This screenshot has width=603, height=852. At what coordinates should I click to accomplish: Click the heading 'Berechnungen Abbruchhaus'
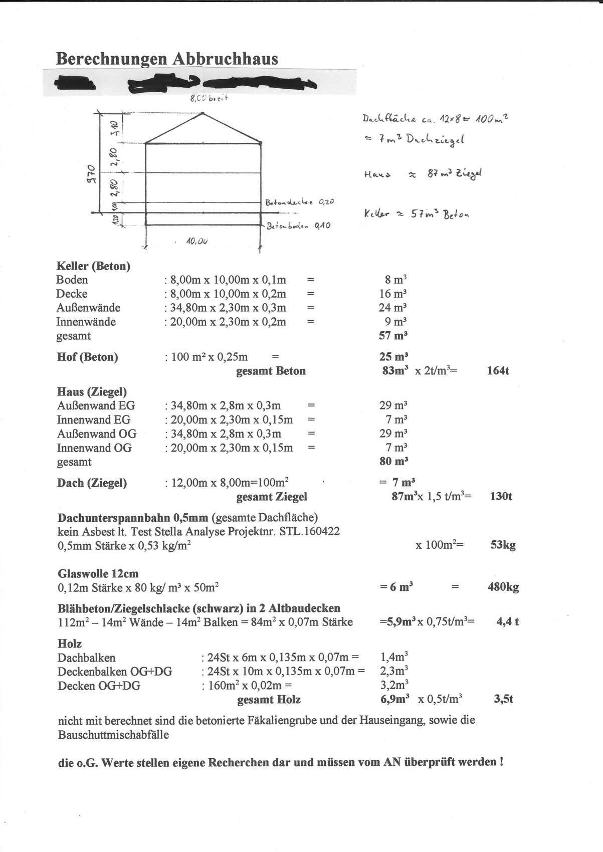167,59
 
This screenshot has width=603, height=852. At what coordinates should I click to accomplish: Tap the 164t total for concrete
498,371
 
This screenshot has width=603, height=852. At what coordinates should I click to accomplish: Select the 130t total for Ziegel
501,497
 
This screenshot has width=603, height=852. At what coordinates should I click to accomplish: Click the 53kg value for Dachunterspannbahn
503,545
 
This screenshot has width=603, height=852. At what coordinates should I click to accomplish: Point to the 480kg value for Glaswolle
503,587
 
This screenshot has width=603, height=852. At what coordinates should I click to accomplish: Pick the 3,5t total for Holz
503,699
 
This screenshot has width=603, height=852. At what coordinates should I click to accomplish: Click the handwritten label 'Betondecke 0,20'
300,202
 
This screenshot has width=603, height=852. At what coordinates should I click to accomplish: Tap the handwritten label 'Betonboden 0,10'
299,226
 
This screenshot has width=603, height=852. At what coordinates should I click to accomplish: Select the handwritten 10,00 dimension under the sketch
196,241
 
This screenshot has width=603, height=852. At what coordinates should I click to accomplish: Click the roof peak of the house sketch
203,113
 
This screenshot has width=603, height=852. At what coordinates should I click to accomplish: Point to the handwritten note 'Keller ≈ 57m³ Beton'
416,214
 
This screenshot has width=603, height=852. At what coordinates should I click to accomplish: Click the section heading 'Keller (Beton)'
93,266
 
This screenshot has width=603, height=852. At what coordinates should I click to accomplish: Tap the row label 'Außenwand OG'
97,434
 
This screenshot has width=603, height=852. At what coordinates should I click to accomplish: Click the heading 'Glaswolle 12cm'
98,573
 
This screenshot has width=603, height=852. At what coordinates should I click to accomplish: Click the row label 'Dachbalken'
86,658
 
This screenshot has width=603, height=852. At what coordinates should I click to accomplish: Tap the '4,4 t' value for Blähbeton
507,622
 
